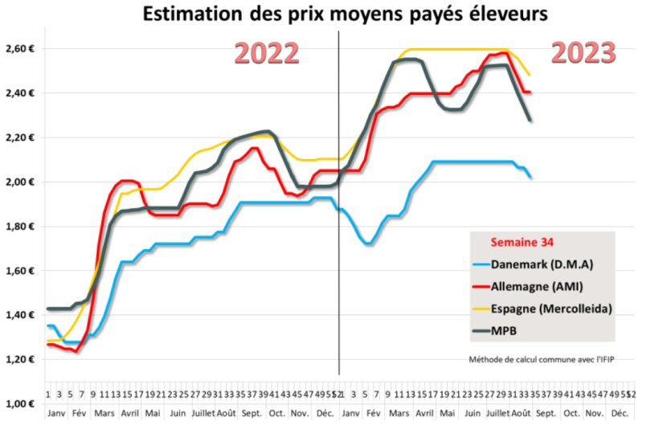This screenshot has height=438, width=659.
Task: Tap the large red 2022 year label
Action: pyautogui.click(x=266, y=52)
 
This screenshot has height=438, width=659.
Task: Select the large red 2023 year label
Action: pyautogui.click(x=583, y=52)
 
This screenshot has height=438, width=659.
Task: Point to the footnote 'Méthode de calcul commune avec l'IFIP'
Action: pyautogui.click(x=542, y=359)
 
